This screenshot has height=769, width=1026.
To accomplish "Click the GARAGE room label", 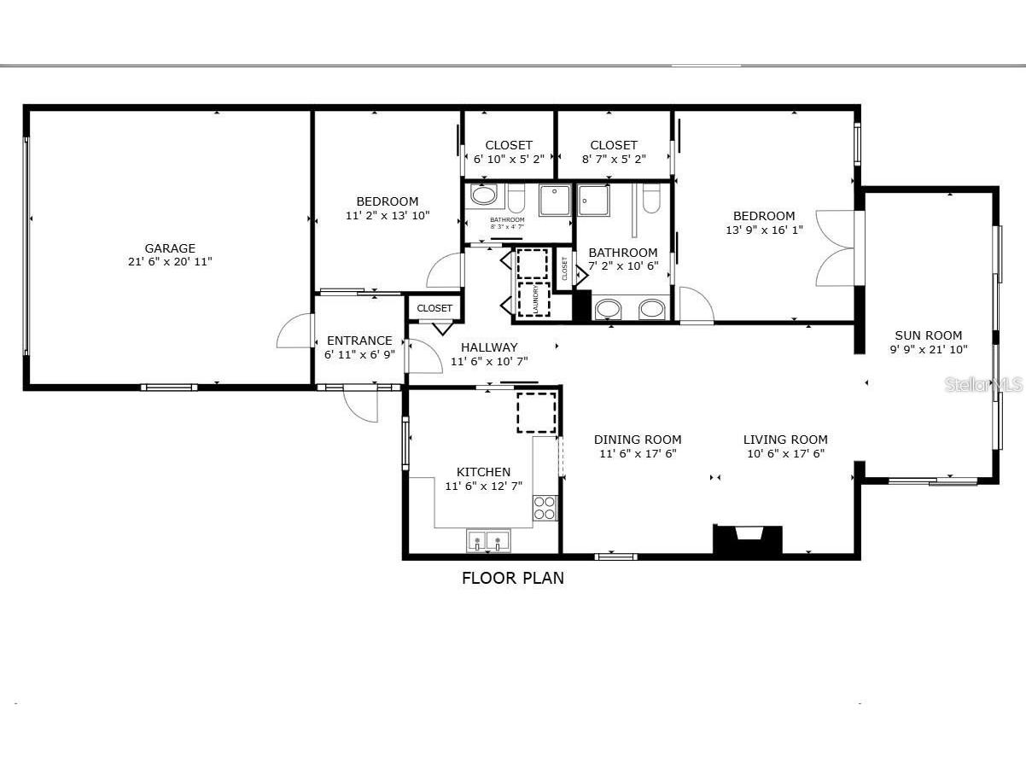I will point(170,248).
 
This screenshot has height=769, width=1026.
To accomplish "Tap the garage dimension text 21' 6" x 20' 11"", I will point(170,262).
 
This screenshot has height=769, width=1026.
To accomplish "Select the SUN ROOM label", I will point(928,335).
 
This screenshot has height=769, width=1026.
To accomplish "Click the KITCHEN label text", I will point(483,472).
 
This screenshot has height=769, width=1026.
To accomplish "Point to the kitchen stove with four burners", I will point(545,507).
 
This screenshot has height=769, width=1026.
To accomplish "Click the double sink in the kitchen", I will point(488,541).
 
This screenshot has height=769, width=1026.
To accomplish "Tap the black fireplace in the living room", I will point(748,539).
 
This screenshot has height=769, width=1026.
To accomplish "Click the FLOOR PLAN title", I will point(512,578).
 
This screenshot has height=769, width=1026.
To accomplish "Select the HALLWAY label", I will point(489,347).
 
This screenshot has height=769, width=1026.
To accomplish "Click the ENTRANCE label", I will point(359,341).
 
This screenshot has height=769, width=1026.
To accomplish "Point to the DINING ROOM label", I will point(638,440).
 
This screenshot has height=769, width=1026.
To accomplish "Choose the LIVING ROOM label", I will point(785,440).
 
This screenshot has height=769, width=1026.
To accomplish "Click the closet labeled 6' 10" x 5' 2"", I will point(509,151).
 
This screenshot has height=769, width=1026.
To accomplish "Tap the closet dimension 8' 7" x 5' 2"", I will point(614,159).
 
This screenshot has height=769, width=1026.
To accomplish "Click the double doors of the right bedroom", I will point(834,248).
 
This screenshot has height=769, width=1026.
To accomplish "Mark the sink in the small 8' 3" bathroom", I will point(484,196).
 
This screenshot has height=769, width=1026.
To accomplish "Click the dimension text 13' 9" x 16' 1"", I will point(764,230).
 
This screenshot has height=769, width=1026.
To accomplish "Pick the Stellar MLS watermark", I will point(983,385).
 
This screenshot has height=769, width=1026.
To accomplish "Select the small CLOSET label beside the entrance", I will point(434,308).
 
